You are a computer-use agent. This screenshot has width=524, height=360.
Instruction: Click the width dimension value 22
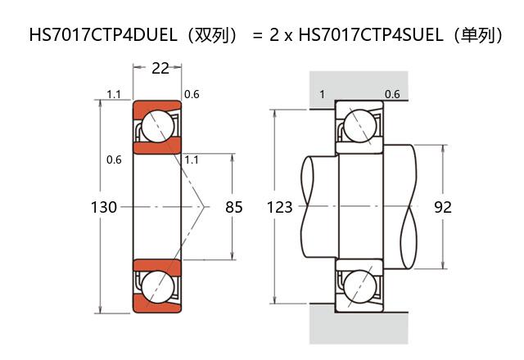pos(160,69)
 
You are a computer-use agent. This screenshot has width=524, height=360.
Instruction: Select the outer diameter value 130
pos(103,208)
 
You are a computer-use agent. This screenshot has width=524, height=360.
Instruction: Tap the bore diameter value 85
pos(234,208)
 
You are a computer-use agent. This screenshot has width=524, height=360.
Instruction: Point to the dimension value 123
pos(279,208)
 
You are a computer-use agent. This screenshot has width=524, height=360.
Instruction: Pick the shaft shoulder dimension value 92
pos(443,208)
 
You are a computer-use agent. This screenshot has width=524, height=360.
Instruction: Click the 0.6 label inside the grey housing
pos(392,94)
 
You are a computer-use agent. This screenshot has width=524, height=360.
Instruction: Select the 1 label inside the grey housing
pos(322,94)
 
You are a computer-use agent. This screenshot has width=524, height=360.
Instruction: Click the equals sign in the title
pos(257,36)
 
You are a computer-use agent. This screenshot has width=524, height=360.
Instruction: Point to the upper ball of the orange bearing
pos(156,126)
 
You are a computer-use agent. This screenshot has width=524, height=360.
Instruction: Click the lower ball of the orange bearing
pos(156,287)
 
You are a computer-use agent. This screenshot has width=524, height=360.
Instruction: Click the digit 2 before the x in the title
pos(274,36)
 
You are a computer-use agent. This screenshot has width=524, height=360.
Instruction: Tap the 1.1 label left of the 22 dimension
pos(114,95)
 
